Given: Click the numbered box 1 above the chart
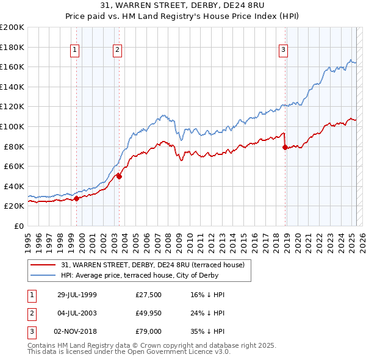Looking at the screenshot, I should coord(74,51).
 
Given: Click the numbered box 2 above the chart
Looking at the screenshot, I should coord(117,51).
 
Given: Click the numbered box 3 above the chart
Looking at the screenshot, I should coord(284,51).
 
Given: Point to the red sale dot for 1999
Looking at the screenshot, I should coord(77,198).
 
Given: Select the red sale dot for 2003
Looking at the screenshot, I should coord(120,176).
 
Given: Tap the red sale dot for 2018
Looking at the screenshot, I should coord(285,147).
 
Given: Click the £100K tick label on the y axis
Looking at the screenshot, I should coord(12,126).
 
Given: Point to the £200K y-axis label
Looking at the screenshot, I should coord(12,27).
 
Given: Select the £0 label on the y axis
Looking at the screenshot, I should coord(18,226).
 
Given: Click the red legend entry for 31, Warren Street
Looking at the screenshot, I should coord(152,265).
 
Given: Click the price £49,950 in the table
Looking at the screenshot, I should coord(149,313).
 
